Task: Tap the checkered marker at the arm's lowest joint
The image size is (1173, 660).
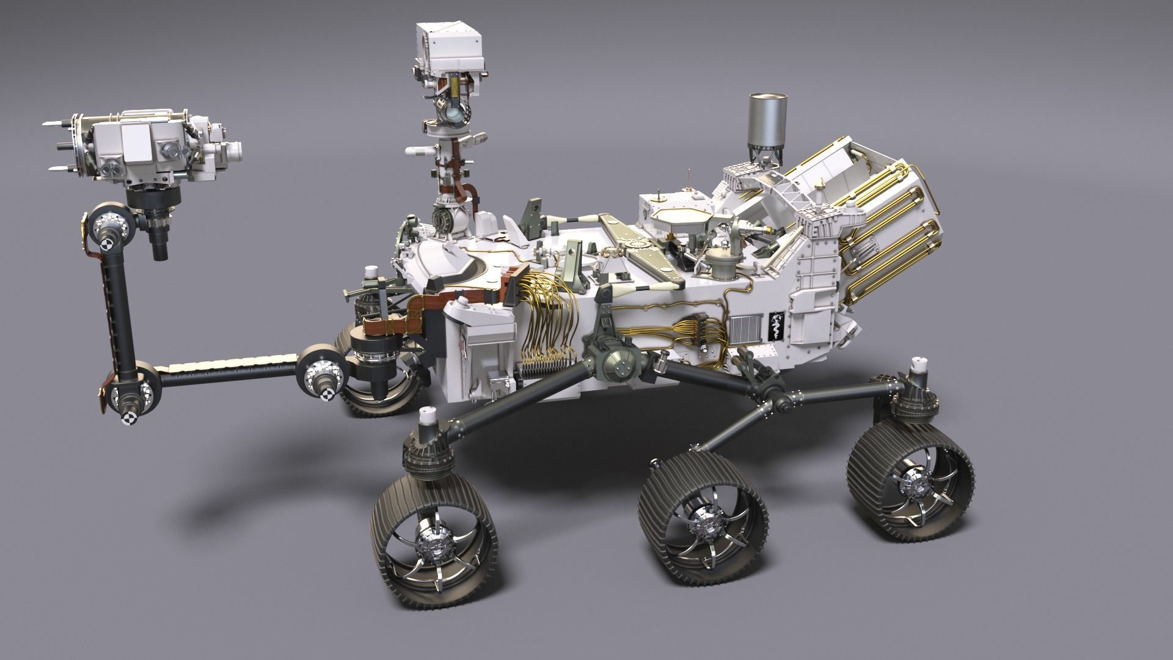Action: point(129,418)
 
